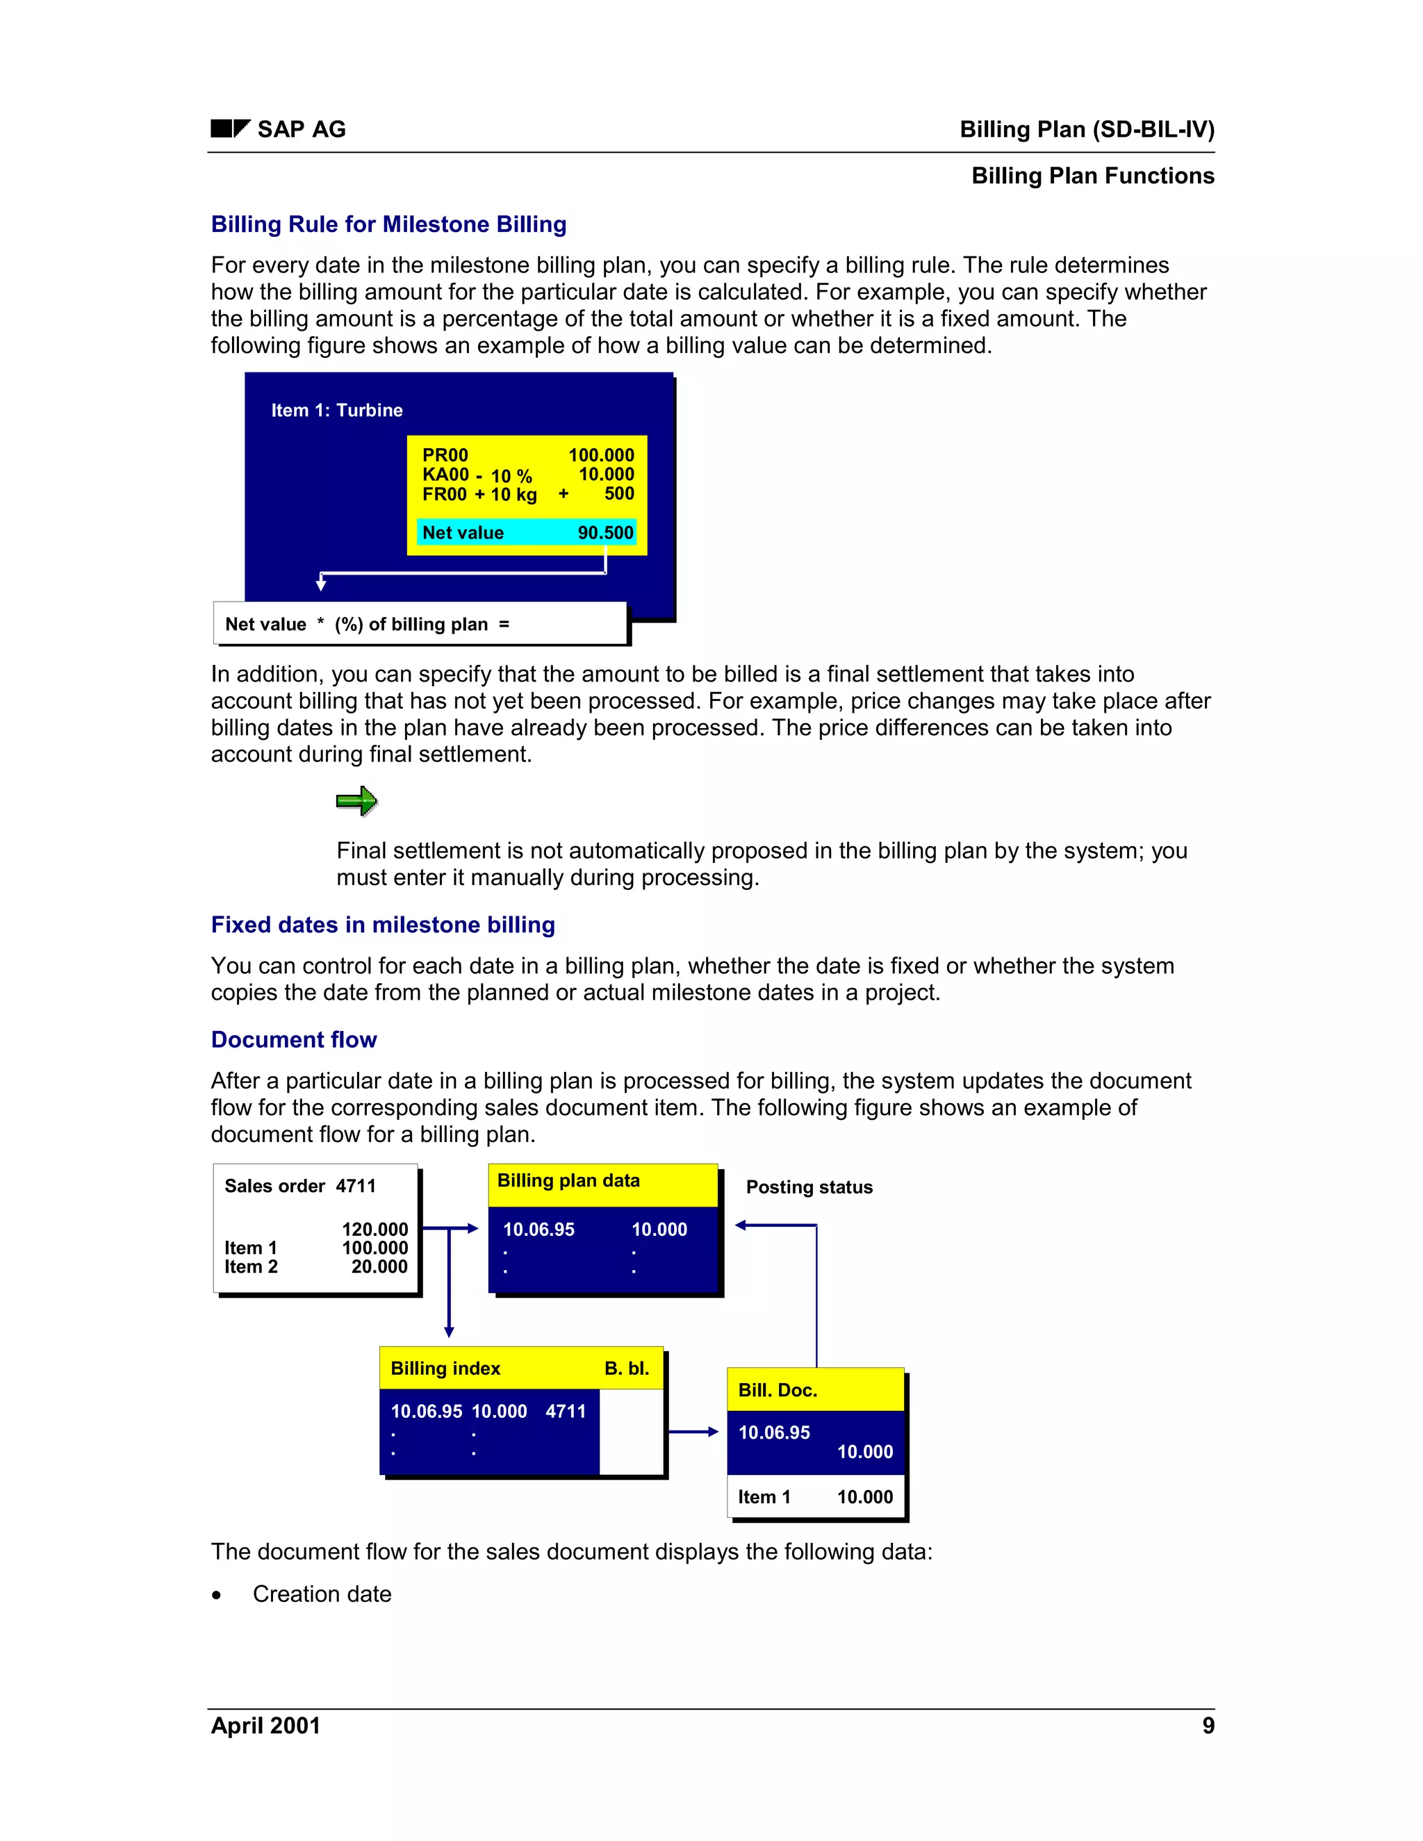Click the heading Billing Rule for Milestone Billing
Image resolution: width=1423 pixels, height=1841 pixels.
click(388, 224)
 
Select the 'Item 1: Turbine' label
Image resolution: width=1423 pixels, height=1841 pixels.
click(336, 411)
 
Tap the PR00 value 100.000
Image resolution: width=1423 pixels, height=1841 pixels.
click(601, 455)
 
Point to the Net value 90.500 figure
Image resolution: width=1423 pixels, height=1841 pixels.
click(605, 533)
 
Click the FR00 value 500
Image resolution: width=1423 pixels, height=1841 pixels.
click(619, 494)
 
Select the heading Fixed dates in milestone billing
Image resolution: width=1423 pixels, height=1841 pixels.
click(383, 925)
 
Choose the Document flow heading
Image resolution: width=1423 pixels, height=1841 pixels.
click(293, 1039)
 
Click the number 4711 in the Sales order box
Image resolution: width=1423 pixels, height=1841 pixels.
click(356, 1186)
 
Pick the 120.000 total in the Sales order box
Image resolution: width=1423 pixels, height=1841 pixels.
click(375, 1230)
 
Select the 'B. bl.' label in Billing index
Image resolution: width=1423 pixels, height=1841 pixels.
click(626, 1368)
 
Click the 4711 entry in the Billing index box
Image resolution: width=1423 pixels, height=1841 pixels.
click(565, 1411)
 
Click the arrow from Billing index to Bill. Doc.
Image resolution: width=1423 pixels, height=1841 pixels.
click(693, 1431)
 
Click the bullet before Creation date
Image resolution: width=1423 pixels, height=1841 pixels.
click(217, 1595)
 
